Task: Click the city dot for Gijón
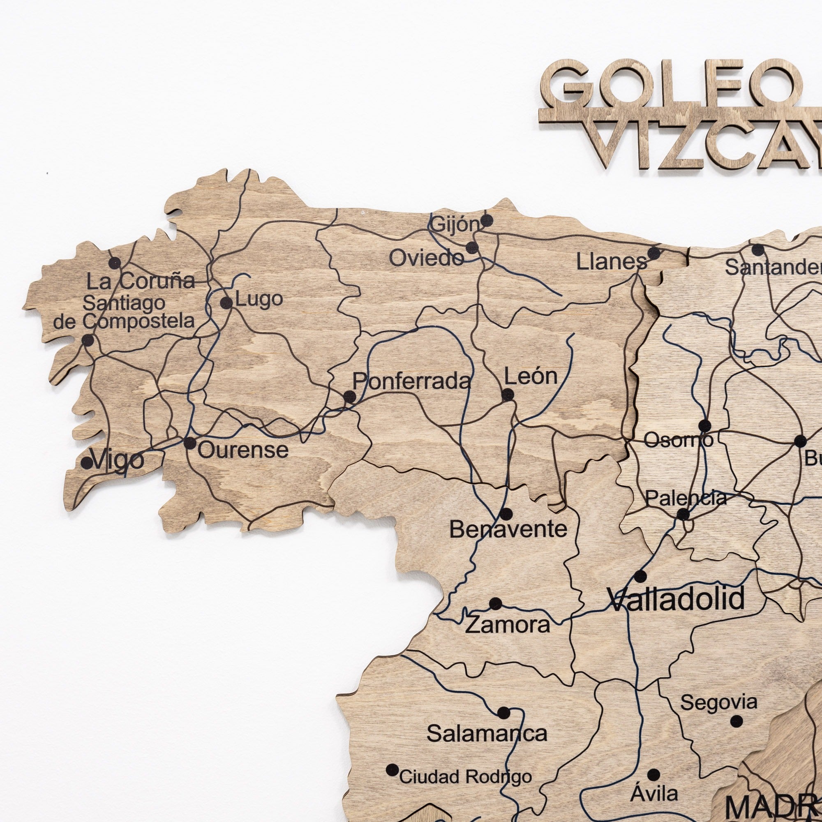[487, 220]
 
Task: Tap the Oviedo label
[426, 258]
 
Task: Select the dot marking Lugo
[226, 303]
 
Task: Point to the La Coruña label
[141, 281]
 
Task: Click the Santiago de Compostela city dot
[88, 340]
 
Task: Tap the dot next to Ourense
[190, 443]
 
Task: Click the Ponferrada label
[412, 381]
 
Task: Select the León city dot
[508, 395]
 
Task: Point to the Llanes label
[612, 262]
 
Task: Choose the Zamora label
[508, 625]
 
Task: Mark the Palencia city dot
[683, 515]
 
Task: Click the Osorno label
[678, 440]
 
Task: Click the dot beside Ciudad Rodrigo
[392, 770]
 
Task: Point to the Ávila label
[654, 794]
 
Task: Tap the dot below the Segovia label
[737, 721]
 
